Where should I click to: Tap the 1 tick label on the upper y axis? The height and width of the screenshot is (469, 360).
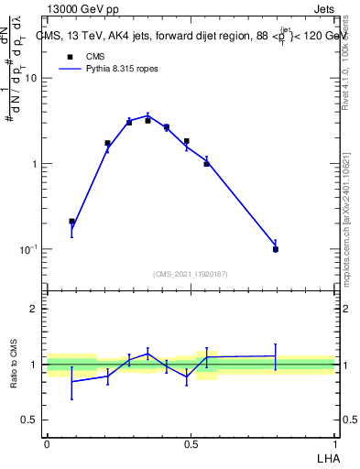(35, 164)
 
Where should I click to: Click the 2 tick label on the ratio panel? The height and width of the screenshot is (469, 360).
(35, 309)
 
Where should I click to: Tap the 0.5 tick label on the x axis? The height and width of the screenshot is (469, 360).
(191, 444)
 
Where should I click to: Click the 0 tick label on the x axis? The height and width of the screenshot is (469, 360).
(47, 444)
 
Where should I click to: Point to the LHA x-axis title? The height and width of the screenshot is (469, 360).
(325, 457)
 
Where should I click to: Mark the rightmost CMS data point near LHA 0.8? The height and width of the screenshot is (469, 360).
(276, 249)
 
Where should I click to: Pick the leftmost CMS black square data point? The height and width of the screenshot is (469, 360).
(72, 221)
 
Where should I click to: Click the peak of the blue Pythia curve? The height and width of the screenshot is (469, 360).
(147, 115)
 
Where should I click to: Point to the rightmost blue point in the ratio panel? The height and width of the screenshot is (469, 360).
(276, 355)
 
